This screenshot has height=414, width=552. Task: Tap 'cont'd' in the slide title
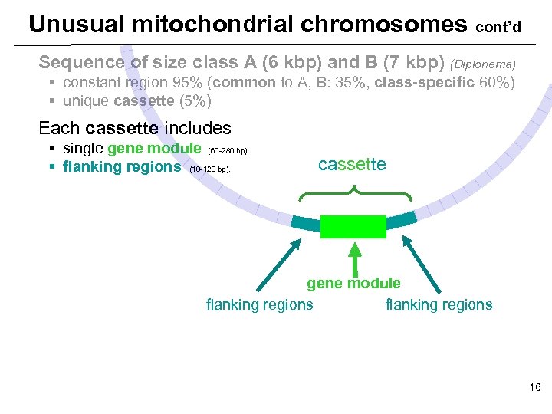click(498, 28)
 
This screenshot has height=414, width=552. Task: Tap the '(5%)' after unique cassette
click(195, 100)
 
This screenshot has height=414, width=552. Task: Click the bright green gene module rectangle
click(353, 227)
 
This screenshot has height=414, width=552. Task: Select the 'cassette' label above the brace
click(352, 165)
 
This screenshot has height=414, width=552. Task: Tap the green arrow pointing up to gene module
click(354, 258)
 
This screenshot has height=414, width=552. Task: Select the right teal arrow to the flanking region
click(422, 265)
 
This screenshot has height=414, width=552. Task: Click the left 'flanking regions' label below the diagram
click(260, 304)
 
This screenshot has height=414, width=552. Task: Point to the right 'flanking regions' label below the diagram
click(439, 304)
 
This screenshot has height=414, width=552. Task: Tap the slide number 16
click(534, 388)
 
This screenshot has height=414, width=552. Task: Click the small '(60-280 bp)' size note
click(227, 150)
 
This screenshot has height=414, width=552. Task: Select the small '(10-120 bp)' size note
click(209, 169)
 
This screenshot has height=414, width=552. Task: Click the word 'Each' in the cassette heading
click(55, 128)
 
